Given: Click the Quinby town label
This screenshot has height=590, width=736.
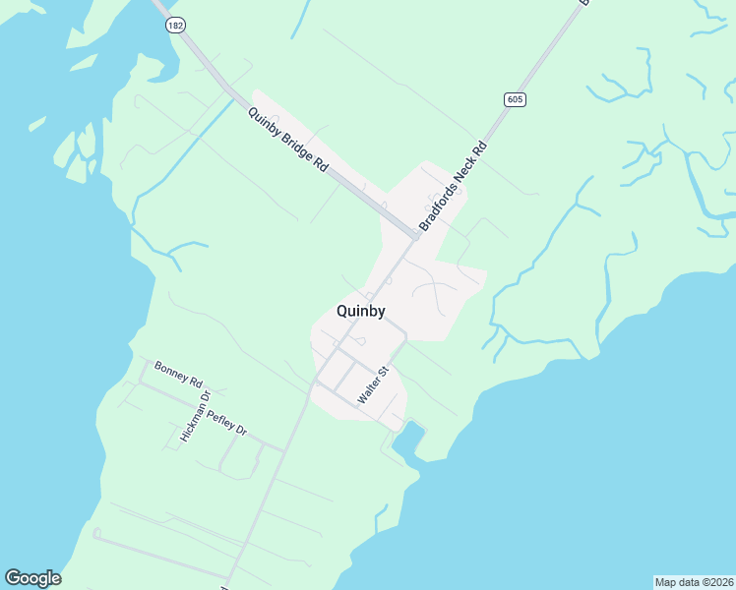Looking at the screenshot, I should pos(360,311).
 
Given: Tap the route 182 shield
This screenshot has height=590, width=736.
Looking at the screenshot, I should pos(175,26).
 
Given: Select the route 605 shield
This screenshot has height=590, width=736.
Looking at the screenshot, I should pos(516,99).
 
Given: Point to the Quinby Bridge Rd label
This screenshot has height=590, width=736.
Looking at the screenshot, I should pos(287,141).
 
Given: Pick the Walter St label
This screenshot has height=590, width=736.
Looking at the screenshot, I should pos(375,384).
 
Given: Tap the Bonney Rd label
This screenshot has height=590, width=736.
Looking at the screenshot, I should pos(178,374).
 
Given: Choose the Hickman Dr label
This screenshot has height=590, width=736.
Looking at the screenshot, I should pos(196,417).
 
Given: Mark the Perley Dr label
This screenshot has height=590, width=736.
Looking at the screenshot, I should pos(226,421).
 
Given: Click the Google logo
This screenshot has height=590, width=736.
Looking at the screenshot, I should pos(32,578).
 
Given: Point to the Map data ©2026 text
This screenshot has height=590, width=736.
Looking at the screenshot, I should pos(694,581).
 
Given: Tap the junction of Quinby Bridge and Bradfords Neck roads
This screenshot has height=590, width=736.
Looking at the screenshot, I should pos(416,236).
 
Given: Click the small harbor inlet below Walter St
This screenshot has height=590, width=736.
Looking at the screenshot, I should pos(408,439).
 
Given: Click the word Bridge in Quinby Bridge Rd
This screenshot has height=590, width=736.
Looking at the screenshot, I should pos(288,142).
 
